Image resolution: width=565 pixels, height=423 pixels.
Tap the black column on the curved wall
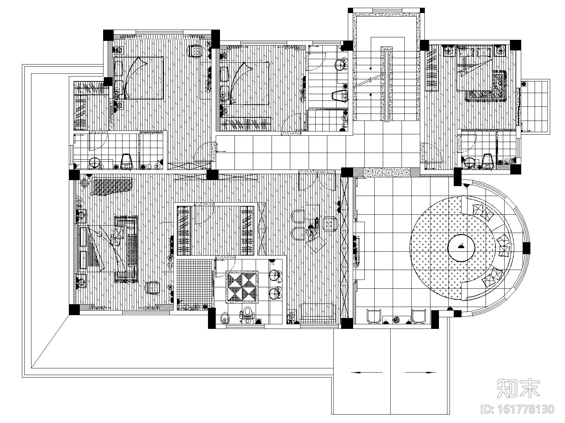pyautogui.click(x=526, y=248)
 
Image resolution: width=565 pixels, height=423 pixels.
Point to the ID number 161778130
pyautogui.click(x=518, y=409)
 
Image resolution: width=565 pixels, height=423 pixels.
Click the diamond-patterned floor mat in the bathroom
pyautogui.click(x=242, y=287)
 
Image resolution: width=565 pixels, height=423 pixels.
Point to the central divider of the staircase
pyautogui.click(x=387, y=84)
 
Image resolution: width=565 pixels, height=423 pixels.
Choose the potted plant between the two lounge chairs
pyautogui.click(x=397, y=320)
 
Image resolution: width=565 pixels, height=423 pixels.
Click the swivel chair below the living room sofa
pyautogui.click(x=153, y=287)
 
